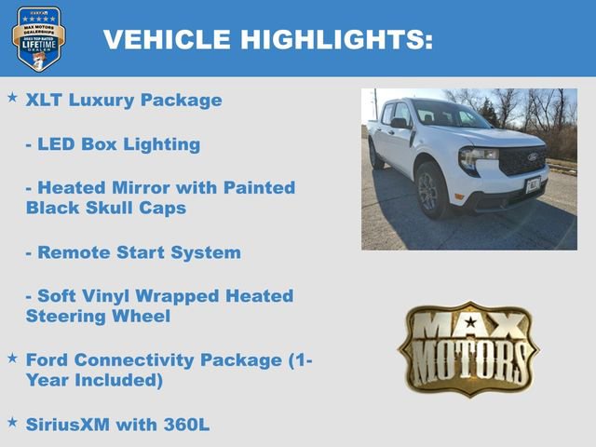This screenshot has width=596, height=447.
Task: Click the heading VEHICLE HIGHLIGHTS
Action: (267, 39)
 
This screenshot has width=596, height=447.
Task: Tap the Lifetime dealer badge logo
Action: (38, 38)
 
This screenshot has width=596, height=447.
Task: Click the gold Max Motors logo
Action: (468, 348)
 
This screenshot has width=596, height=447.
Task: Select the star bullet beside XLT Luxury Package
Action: (12, 97)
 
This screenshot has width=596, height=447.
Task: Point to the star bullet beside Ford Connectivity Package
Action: (12, 358)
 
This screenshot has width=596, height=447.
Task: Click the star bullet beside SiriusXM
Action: (12, 422)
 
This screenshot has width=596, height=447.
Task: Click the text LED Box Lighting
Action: (113, 144)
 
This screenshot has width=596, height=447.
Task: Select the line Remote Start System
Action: (133, 252)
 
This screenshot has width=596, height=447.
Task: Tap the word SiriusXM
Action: (68, 425)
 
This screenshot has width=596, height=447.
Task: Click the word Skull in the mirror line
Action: (111, 208)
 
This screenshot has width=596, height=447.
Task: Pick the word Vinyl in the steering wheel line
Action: (110, 296)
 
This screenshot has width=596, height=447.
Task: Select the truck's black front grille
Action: (522, 161)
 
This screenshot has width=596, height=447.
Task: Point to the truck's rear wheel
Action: (375, 155)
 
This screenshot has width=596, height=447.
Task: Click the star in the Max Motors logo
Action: (469, 322)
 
